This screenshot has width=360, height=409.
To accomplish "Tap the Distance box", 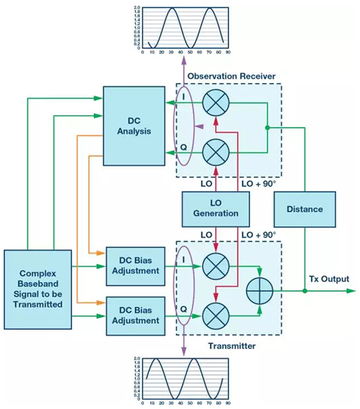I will pos(305,209).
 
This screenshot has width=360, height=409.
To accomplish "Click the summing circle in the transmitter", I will pos(260,289).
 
